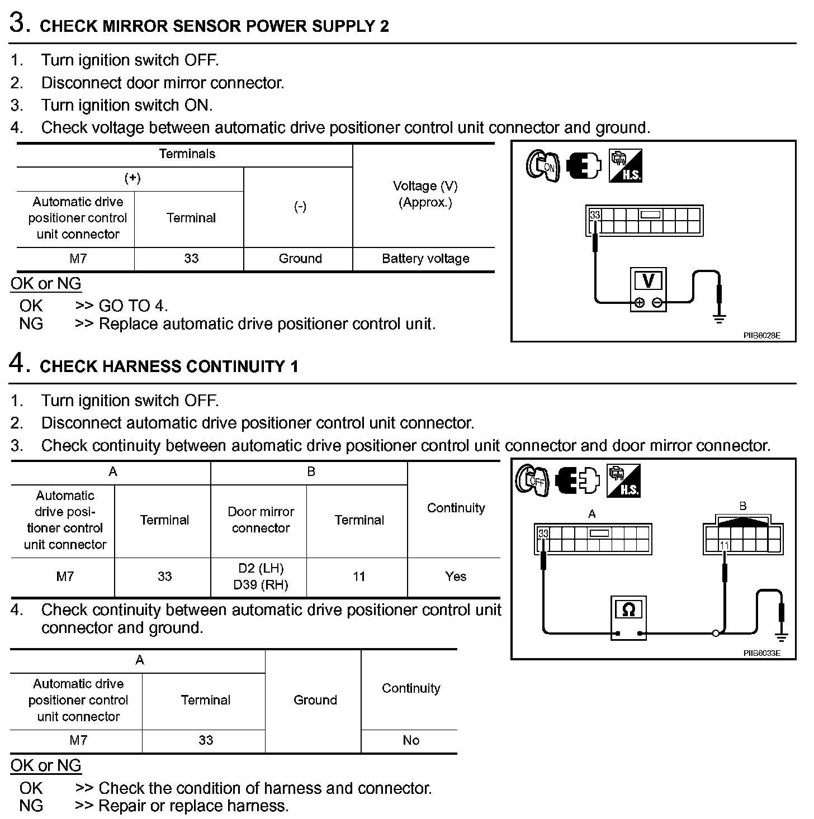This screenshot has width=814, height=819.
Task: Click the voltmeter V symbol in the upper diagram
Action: coord(649,280)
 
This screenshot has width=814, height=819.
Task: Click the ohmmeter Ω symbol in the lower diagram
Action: coord(628,610)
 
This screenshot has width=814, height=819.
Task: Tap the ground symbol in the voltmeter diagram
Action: coord(719,318)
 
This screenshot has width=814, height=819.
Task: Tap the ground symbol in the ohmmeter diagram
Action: coord(781,637)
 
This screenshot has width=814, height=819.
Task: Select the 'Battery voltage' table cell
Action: coord(425,259)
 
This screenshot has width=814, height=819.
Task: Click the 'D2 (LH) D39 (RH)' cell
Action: coord(261,577)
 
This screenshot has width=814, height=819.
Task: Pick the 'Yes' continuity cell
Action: coord(456,577)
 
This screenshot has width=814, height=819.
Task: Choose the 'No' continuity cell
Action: coord(411,740)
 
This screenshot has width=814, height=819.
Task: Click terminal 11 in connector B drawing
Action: coord(725,546)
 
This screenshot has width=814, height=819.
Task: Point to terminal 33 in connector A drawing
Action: coord(543,533)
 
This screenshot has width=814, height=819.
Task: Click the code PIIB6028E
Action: coord(761,336)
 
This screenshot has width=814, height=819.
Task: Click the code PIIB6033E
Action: coord(761,653)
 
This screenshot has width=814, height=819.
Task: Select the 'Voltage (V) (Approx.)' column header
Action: coord(425,194)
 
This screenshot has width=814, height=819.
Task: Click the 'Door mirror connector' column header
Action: coord(261,520)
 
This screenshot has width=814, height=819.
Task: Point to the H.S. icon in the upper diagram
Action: coord(626,165)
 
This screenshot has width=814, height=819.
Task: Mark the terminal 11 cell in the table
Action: coord(359,577)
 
